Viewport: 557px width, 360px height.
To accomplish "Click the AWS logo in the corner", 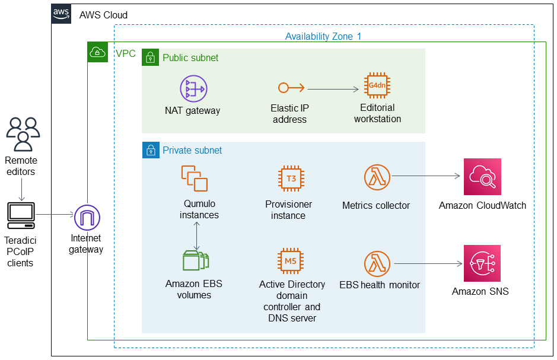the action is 61,14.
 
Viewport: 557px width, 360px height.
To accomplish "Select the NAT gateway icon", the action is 193,88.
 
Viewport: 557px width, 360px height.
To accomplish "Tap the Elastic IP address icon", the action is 291,87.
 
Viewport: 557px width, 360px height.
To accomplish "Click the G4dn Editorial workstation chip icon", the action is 377,85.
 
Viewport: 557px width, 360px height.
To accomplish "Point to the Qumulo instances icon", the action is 195,179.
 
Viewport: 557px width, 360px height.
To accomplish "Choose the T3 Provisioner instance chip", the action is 291,179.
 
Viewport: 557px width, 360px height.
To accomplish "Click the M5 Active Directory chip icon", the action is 291,261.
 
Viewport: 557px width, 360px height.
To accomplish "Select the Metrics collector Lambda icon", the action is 377,177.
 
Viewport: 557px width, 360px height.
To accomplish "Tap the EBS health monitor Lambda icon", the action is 377,264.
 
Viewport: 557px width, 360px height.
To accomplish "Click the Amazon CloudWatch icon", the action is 482,177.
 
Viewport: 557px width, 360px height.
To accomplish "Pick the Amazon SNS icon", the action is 482,263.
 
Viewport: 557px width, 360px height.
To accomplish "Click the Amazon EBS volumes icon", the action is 196,260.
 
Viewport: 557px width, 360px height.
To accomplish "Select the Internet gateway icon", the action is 87,218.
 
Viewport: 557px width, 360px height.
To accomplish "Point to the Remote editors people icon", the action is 23,135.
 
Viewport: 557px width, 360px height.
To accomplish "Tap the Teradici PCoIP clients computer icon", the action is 21,215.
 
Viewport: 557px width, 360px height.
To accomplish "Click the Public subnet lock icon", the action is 150,57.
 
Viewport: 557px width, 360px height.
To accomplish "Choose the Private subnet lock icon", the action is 151,150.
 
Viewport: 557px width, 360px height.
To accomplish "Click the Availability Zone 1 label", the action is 323,36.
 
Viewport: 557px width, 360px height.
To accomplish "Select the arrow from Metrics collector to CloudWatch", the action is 426,176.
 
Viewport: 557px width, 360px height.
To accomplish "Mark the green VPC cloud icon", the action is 98,52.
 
